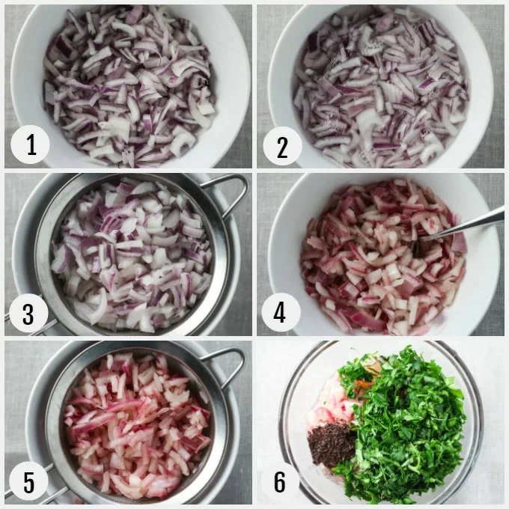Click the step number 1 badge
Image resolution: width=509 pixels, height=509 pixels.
30,144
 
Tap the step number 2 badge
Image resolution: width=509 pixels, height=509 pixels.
282,147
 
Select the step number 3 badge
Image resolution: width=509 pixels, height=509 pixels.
28,313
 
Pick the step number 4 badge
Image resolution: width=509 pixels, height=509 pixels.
281,312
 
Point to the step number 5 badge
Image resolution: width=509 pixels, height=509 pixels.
28,481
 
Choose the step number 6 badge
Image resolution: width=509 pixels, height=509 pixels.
280,481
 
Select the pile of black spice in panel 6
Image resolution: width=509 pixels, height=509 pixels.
332,442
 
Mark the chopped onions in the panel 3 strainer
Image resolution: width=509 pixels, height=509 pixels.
132,254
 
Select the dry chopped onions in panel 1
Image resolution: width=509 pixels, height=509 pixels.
129,85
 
